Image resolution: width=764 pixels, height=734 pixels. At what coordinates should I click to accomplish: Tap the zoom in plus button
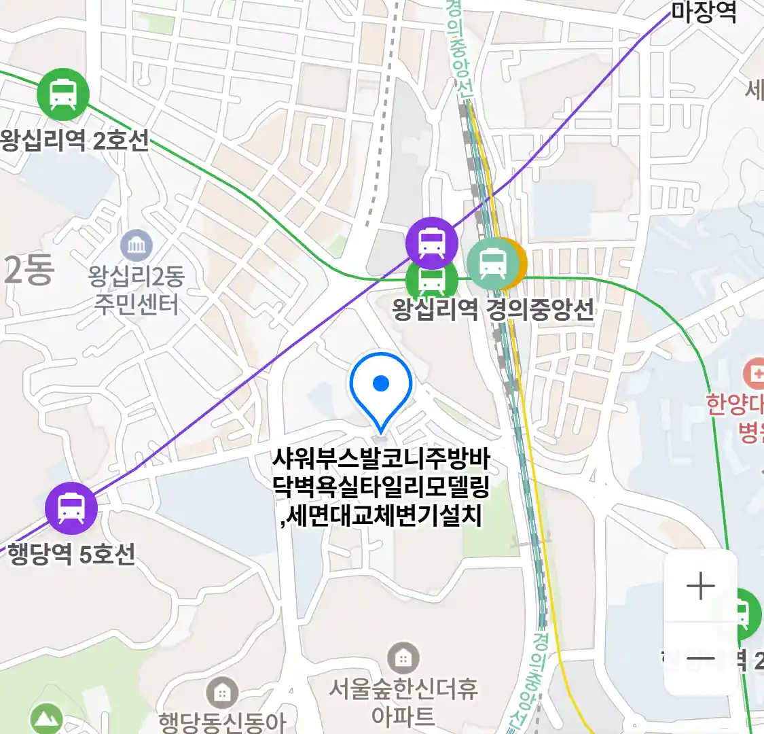(700, 587)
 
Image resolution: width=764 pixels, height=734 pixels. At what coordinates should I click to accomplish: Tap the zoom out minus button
(700, 659)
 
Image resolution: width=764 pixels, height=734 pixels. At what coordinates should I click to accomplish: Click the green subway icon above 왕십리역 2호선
(63, 94)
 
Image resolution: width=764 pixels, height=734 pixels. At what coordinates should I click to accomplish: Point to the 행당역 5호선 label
(71, 554)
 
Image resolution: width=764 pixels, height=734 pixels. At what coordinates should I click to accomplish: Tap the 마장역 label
(704, 12)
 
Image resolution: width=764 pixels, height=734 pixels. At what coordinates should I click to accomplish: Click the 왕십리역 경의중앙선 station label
(493, 310)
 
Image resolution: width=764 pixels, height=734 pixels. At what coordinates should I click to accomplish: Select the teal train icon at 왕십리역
(492, 262)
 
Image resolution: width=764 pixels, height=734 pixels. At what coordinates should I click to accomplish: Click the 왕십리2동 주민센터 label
(137, 290)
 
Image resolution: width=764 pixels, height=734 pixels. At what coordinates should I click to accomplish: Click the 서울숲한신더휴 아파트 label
(403, 701)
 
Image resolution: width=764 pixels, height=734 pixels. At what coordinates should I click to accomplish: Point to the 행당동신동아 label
(223, 722)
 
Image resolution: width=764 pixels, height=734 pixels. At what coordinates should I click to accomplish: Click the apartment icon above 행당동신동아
(221, 693)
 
